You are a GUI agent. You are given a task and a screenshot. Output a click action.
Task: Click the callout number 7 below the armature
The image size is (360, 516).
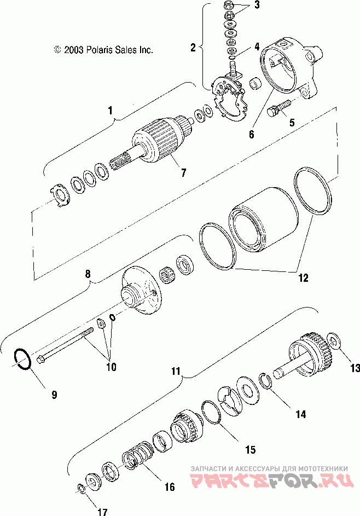pos(183,173)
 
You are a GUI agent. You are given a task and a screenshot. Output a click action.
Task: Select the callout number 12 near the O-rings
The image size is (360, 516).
pos(303,277)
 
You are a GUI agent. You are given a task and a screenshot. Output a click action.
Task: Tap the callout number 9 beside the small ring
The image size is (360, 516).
pos(54,394)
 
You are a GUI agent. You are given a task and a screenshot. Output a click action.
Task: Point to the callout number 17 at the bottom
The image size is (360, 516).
pos(102,512)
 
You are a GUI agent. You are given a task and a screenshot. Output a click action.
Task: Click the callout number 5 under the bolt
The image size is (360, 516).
pos(292,123)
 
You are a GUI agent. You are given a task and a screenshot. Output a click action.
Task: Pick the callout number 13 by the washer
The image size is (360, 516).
pos(355,368)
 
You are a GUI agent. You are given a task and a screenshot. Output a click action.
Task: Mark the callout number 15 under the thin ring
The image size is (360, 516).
pos(250,450)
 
